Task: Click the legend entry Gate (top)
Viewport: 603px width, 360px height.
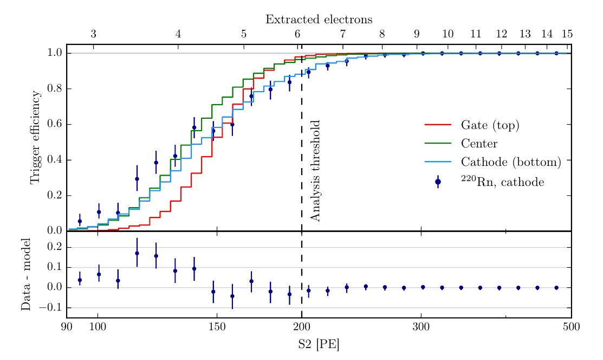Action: pos(490,126)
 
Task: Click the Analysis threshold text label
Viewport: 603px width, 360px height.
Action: pos(316,171)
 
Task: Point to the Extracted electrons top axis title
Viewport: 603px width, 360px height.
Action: pos(319,20)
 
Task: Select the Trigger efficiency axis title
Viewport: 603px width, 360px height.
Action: pos(35,137)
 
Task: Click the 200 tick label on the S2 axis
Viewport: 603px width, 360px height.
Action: pos(302,327)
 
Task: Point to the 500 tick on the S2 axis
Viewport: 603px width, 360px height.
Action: pos(571,327)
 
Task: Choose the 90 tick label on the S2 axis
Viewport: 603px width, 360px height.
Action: pos(67,327)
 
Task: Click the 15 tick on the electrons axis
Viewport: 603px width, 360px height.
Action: pos(567,34)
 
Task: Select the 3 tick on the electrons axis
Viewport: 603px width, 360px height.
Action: pos(93,34)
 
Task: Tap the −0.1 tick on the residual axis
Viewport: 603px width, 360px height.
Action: pos(51,307)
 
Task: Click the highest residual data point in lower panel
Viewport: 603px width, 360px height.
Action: pos(137,253)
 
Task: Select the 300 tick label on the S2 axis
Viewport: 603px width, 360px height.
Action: pos(421,327)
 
